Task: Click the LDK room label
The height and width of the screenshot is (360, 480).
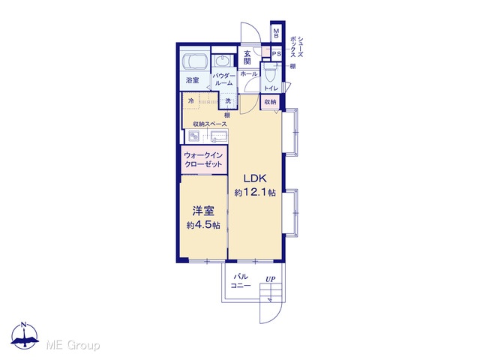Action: [255, 178]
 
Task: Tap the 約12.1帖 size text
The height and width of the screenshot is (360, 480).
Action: [255, 193]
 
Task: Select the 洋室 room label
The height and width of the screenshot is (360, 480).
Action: [203, 211]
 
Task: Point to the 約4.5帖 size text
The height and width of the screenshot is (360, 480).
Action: [203, 225]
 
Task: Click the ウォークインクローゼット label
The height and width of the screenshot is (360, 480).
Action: [203, 160]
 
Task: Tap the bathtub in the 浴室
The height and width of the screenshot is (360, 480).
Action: [195, 61]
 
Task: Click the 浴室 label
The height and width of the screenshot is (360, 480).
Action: [193, 80]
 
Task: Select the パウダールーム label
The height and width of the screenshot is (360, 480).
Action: [224, 79]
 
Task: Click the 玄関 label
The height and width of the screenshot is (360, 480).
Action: [247, 57]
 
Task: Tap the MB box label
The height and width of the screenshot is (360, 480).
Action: [276, 34]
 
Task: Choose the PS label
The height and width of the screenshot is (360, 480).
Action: [277, 54]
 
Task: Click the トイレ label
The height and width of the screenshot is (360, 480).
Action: [271, 88]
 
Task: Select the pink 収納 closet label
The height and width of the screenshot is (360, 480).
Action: [270, 102]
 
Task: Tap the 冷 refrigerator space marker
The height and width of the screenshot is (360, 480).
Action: [191, 101]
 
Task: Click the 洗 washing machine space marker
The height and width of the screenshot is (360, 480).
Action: [228, 101]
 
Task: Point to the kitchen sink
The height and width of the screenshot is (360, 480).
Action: [219, 136]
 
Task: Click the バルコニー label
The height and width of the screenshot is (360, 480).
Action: [241, 281]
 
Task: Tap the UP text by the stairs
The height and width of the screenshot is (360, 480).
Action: [270, 279]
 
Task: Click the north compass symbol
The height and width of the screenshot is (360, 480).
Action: [25, 335]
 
